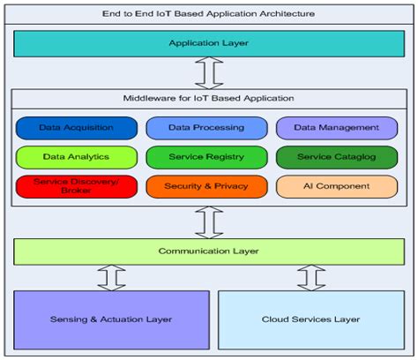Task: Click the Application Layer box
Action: pos(208,42)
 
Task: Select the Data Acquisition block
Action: pos(76,128)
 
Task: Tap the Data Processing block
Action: pos(207,128)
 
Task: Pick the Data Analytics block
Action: pos(76,157)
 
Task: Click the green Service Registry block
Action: pos(207,157)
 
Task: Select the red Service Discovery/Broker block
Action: pos(76,186)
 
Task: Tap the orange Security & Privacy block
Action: pos(207,186)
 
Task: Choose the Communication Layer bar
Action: pos(208,251)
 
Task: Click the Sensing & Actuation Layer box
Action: pos(111,319)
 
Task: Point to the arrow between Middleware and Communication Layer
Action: pos(209,221)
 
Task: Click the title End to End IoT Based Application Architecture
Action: pos(208,13)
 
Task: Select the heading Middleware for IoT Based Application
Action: pos(208,97)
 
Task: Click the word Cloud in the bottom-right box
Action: pos(277,319)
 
